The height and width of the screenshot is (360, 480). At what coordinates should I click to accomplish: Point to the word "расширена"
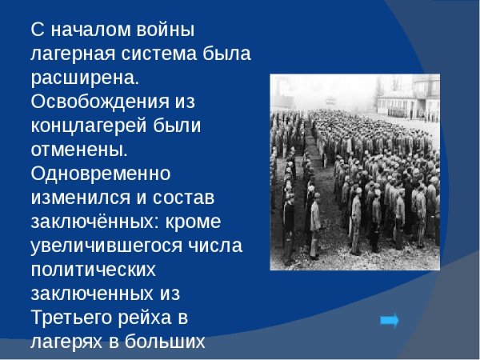83,78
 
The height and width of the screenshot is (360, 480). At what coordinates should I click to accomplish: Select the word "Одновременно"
100,173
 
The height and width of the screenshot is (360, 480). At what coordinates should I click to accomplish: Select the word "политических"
93,268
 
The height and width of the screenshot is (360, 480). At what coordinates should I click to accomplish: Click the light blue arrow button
390,321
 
